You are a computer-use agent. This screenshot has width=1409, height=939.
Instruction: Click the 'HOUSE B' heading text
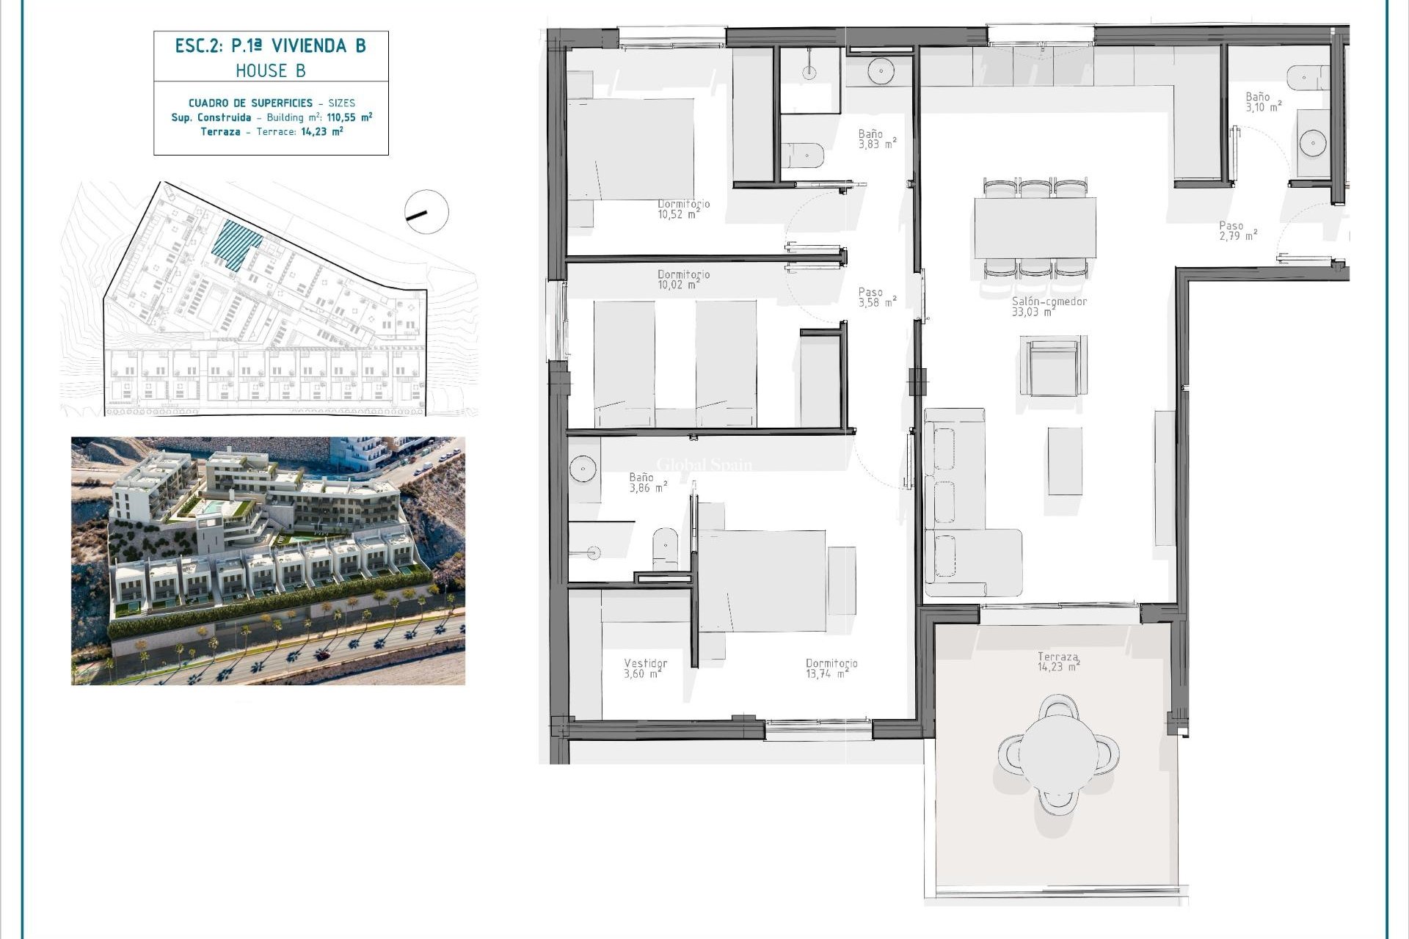coord(270,70)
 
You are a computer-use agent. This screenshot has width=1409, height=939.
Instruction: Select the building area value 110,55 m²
coord(349,117)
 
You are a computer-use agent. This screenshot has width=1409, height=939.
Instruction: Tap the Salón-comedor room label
coord(1049,307)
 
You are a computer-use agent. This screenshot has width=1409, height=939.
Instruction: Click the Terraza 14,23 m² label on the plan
coord(1057,662)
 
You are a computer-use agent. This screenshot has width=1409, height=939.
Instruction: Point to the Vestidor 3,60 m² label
coord(645,668)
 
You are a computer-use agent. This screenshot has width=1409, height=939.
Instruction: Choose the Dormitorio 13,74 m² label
coord(831,668)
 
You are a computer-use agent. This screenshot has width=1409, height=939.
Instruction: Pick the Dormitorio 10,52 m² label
coord(682,209)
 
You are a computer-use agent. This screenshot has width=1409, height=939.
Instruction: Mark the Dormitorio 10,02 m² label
coord(682,279)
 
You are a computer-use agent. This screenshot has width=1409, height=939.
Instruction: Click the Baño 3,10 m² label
coord(1262,102)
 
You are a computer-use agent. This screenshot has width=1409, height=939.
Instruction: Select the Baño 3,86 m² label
coord(647,483)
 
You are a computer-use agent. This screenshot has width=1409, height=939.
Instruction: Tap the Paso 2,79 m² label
coord(1237,231)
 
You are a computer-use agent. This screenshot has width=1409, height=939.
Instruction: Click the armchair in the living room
coord(1052,366)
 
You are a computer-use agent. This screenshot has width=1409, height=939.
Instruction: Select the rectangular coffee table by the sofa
coord(1064,461)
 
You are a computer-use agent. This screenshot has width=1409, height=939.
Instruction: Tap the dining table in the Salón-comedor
coord(1035,227)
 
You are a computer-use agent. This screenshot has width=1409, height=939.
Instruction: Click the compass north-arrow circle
coord(426,212)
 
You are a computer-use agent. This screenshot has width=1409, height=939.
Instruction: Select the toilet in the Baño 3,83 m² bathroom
coord(804,156)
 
